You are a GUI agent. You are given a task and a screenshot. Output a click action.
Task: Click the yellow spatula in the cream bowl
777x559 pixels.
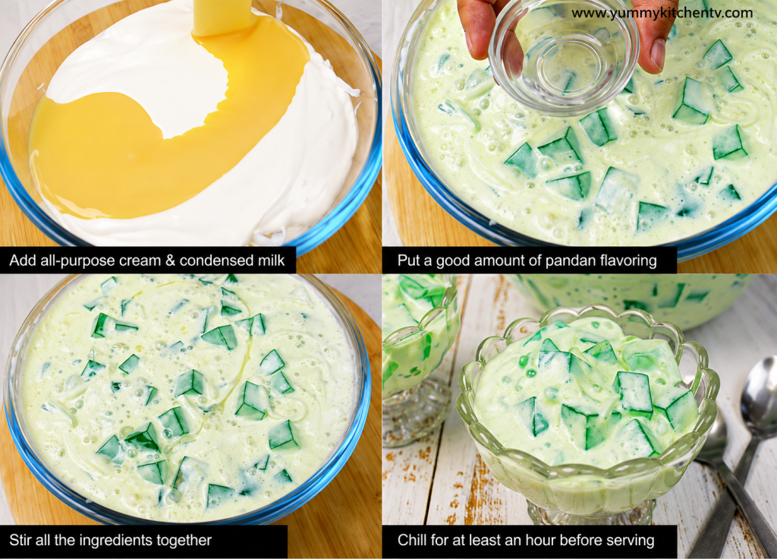pyautogui.click(x=223, y=17)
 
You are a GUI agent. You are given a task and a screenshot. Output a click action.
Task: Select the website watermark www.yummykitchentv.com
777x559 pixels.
pyautogui.click(x=662, y=14)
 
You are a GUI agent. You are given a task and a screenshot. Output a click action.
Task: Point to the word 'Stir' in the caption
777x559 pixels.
pyautogui.click(x=20, y=540)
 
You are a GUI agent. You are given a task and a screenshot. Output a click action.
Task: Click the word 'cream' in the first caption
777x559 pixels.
pyautogui.click(x=140, y=261)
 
